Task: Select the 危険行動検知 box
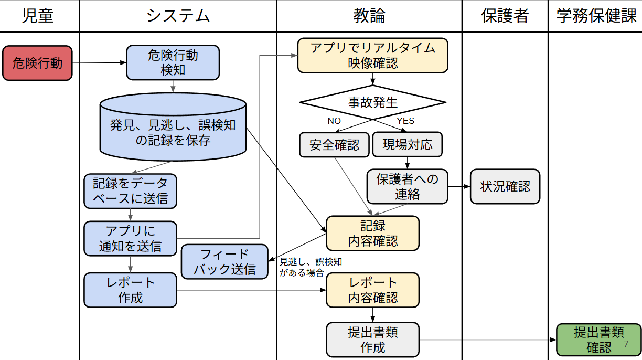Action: [173, 62]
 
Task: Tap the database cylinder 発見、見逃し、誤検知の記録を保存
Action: [173, 128]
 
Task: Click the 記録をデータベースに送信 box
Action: [130, 191]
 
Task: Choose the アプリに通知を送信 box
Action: [130, 238]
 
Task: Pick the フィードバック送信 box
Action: [224, 261]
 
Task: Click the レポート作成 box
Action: [130, 290]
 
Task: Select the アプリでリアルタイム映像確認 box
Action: [372, 55]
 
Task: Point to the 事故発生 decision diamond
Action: [372, 102]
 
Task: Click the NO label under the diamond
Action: [334, 121]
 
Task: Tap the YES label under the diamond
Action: [405, 121]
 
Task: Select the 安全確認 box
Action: [334, 144]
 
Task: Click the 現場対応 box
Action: [407, 144]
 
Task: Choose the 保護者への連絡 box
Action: [407, 186]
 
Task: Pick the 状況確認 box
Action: [505, 186]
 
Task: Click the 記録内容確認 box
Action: [372, 233]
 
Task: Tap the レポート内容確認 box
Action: [372, 290]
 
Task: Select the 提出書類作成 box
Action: [372, 340]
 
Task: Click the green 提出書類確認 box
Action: [598, 340]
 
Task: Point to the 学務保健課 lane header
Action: [596, 16]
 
